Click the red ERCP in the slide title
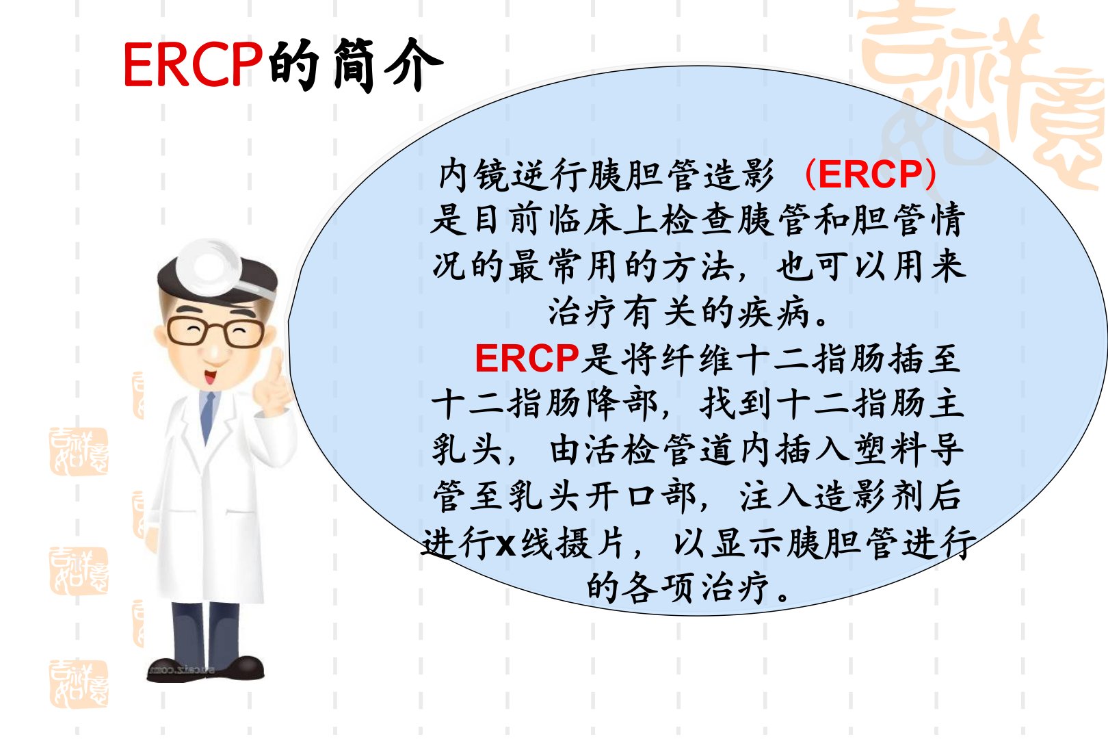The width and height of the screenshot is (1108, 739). (193, 64)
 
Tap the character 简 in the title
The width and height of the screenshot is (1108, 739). (354, 65)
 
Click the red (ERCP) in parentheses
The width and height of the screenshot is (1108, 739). (870, 174)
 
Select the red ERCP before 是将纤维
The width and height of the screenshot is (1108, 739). (527, 358)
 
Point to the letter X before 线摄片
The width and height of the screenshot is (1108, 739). (505, 545)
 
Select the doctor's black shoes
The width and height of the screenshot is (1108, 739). (206, 669)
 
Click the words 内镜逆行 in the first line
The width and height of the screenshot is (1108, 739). (512, 174)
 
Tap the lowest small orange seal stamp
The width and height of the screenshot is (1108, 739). (79, 684)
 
